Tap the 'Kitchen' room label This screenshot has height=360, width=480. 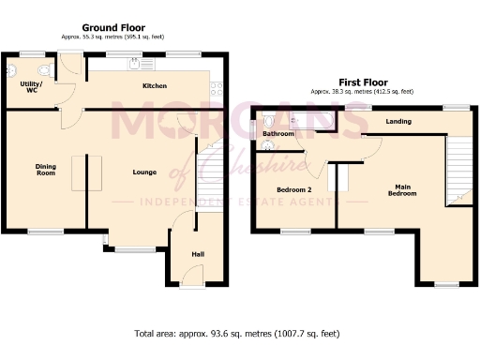155,86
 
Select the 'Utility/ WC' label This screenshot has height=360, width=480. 31,87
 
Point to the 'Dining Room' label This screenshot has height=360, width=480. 46,169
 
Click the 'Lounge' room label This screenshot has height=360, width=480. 143,172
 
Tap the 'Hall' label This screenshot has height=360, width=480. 197,253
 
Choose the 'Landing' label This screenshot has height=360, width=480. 397,122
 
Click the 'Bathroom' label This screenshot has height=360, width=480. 278,134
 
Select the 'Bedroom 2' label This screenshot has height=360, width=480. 293,190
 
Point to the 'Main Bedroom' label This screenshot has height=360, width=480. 401,189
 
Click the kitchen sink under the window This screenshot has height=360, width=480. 141,65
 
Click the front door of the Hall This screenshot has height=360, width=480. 192,273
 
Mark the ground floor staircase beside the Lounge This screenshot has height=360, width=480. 211,173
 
